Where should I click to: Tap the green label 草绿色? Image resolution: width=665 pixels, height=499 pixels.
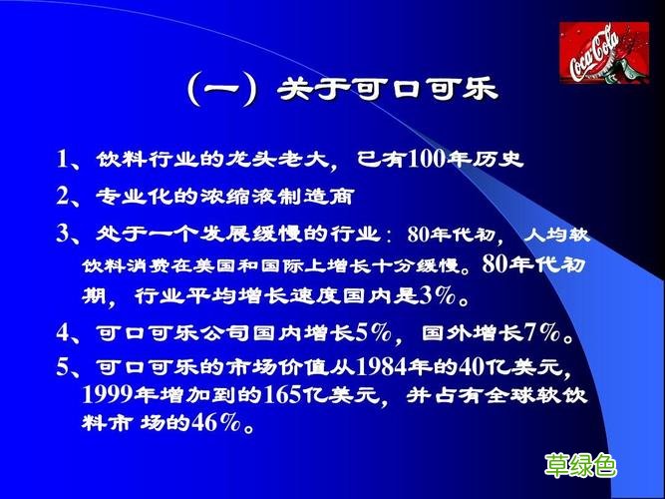tap(579, 465)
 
